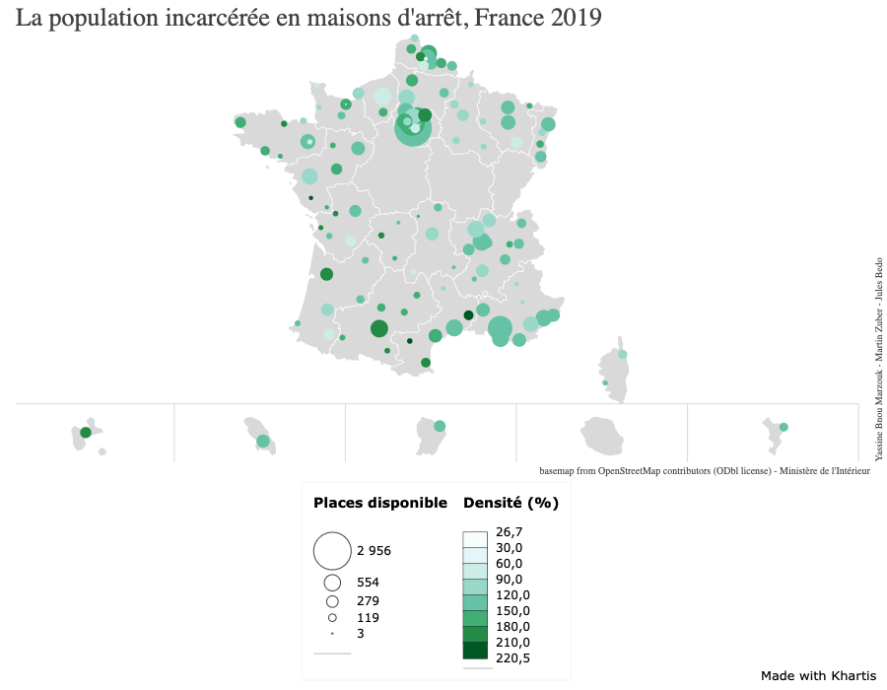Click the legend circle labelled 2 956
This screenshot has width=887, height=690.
(x=332, y=551)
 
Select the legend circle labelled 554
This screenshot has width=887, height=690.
(x=332, y=583)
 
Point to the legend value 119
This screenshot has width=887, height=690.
(x=368, y=618)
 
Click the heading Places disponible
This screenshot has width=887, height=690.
(x=379, y=503)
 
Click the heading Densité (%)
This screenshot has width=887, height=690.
(x=511, y=503)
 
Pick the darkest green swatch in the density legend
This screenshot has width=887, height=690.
(x=475, y=651)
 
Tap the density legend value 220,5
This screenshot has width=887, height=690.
(x=512, y=658)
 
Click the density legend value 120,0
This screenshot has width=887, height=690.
(x=512, y=595)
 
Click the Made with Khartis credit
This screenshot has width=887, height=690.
(x=818, y=675)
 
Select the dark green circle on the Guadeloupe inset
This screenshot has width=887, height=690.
(x=86, y=433)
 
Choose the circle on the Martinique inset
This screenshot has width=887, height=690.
(x=262, y=441)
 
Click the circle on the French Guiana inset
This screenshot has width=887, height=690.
(x=440, y=427)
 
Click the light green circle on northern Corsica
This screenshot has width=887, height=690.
(x=622, y=354)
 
